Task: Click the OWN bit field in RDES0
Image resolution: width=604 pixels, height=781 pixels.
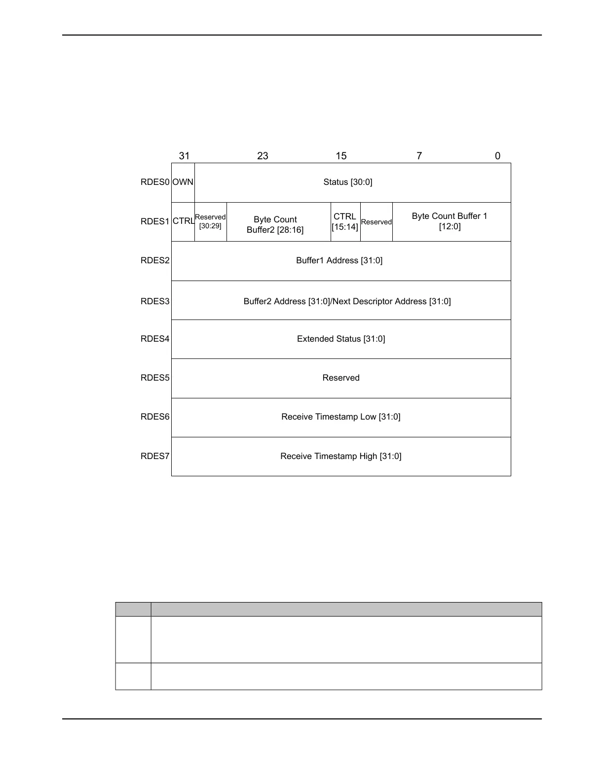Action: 183,182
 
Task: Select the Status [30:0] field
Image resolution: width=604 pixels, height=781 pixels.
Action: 348,182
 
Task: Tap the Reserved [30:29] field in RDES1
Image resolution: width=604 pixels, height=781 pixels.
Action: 210,221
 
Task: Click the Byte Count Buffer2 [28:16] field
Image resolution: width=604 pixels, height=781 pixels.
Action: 275,225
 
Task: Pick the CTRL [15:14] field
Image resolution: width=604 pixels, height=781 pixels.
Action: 345,221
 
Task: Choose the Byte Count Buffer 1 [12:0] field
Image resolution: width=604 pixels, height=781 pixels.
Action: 450,221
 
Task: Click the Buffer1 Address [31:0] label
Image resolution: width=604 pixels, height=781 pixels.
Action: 339,260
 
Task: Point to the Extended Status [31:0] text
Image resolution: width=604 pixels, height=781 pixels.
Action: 341,339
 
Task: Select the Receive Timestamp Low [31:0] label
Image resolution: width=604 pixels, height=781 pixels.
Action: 341,417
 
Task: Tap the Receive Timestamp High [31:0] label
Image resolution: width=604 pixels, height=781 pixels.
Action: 341,457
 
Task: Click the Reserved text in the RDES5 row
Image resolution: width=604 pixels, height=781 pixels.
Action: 341,378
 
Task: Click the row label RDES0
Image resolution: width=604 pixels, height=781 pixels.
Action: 155,182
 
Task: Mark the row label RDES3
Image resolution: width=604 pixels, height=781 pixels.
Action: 155,301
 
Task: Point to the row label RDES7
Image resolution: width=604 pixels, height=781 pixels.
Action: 155,457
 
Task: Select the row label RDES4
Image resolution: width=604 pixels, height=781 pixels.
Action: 155,339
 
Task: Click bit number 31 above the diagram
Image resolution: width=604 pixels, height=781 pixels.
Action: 184,156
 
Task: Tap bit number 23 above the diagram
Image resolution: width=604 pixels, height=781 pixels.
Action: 263,156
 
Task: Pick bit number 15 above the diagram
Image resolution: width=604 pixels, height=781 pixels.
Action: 341,156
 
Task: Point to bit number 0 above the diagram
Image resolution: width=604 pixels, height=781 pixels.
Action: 497,156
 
